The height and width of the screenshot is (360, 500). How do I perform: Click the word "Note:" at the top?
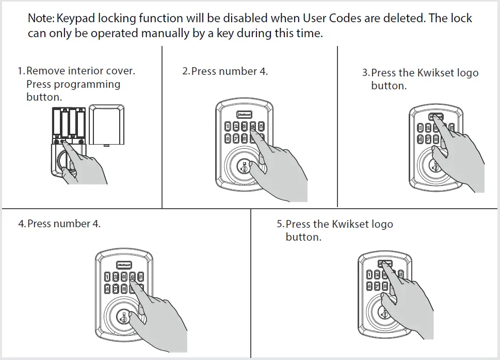[41, 19]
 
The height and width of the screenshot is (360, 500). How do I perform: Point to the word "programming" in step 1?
[87, 84]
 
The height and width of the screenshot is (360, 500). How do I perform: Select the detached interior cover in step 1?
[106, 126]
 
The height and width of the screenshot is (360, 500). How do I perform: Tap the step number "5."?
[280, 225]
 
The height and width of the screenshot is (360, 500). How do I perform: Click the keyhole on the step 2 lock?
[243, 168]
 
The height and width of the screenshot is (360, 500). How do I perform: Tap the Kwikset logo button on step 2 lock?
[244, 115]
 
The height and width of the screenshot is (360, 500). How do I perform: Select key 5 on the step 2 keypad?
[262, 126]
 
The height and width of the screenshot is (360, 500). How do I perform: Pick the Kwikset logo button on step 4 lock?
[125, 263]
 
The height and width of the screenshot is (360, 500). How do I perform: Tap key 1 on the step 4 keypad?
[108, 276]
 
